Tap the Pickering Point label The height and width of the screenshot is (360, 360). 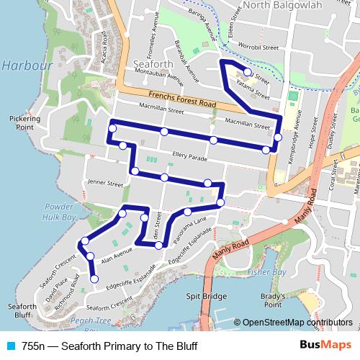coord(22,122)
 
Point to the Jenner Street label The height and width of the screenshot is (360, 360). coord(105,184)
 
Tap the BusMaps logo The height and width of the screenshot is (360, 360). coord(321,346)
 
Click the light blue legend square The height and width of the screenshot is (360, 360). coord(9,346)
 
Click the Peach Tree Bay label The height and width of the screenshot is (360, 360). coord(91,320)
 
